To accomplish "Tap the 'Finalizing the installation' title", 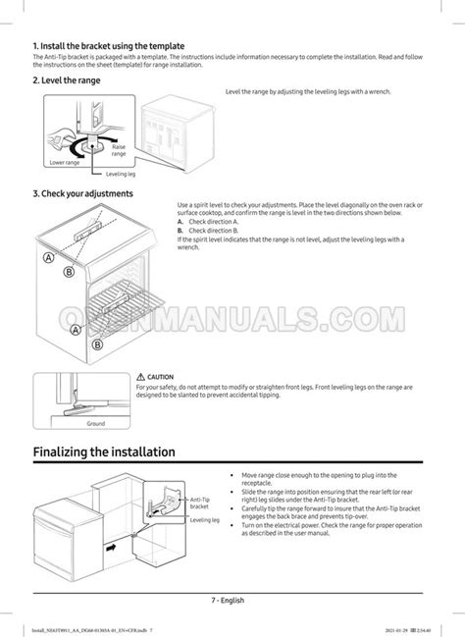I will click(104, 452).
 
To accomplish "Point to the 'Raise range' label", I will click(118, 149).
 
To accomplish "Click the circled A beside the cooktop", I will click(47, 258).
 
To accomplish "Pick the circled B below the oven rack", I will click(97, 345).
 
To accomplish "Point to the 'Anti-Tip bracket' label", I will click(199, 504).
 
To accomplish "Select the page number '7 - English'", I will click(227, 600).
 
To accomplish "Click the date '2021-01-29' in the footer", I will click(403, 629).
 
